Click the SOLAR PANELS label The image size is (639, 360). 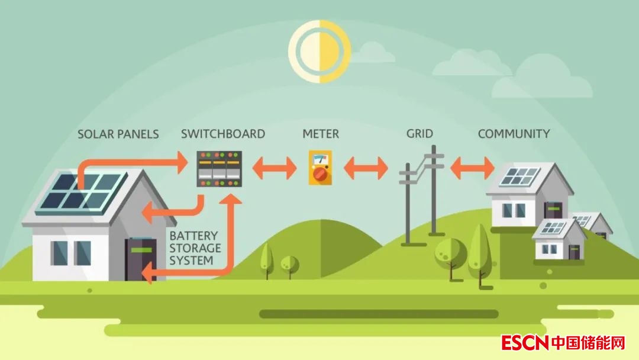(118, 134)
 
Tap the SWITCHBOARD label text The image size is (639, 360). (223, 134)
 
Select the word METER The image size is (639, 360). (321, 134)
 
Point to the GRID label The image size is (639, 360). (419, 134)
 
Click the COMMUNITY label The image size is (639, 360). (514, 134)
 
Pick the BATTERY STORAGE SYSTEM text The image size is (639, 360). (195, 248)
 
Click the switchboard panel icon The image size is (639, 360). (220, 169)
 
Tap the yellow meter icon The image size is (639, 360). (320, 168)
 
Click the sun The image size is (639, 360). (319, 51)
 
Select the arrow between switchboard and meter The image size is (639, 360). (275, 168)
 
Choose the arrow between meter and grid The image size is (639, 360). (366, 168)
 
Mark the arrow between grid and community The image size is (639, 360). (472, 168)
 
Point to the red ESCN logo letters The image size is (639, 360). (525, 342)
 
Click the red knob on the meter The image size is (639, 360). (320, 174)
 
